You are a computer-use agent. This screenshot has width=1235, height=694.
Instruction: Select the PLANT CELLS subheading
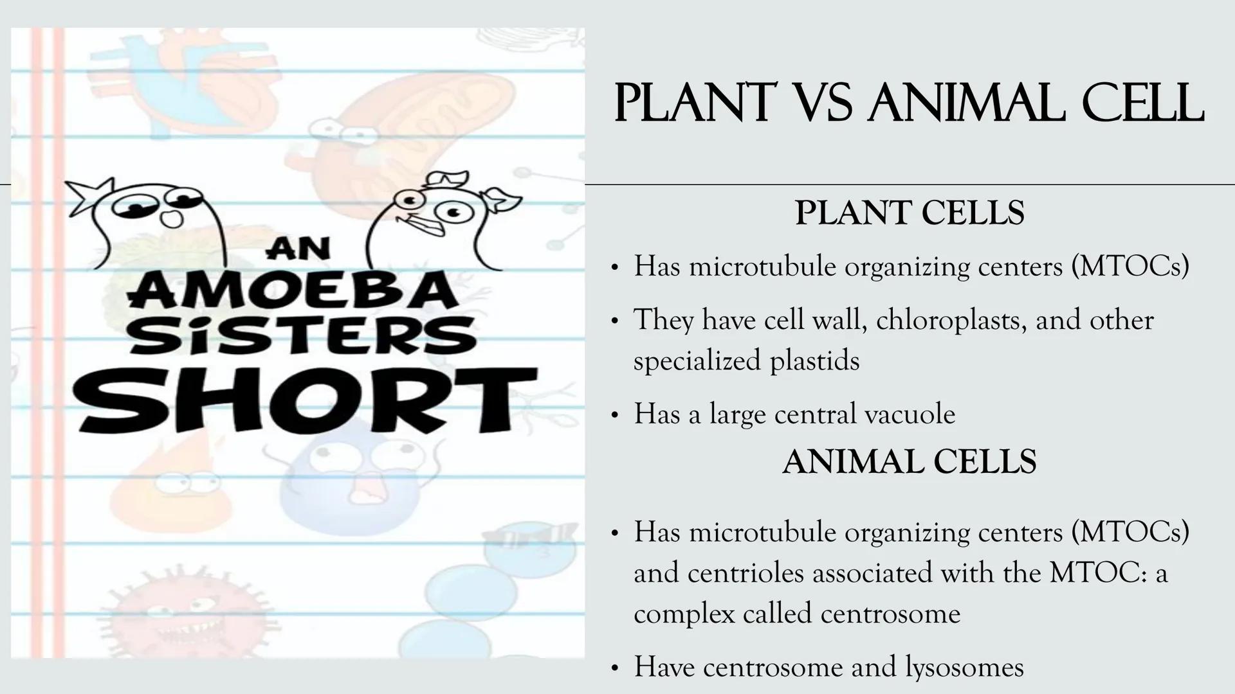click(x=910, y=213)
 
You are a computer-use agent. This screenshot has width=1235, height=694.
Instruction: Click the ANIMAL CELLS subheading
click(x=910, y=462)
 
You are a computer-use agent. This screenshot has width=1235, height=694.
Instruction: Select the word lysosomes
click(x=964, y=667)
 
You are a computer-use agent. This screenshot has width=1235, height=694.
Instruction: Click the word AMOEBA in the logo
click(x=293, y=290)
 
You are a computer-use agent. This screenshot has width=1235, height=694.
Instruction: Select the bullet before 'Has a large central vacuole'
click(x=614, y=415)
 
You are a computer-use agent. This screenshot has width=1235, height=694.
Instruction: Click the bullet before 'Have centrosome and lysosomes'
click(x=614, y=668)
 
